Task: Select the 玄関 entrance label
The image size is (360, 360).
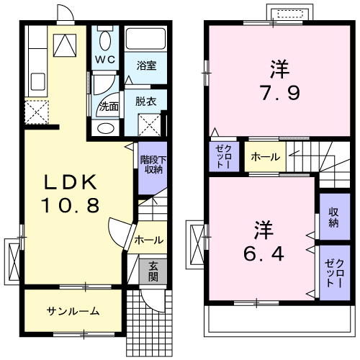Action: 153,271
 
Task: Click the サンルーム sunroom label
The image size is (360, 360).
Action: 73,311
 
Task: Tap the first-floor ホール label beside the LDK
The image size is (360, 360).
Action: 149,240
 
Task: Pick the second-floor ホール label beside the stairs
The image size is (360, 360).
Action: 266,157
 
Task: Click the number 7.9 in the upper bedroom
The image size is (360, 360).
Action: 279,93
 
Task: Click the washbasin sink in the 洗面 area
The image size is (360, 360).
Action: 106,127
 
